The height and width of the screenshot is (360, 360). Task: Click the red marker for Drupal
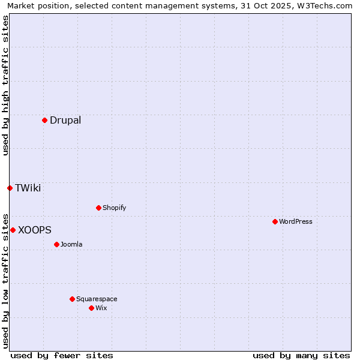pyautogui.click(x=44, y=120)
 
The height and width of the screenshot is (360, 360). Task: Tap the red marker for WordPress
pyautogui.click(x=275, y=221)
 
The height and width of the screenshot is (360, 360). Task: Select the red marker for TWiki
pyautogui.click(x=10, y=188)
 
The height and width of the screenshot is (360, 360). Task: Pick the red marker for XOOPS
pyautogui.click(x=13, y=230)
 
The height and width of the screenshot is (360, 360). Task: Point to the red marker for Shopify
pyautogui.click(x=98, y=208)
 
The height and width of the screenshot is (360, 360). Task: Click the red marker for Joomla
pyautogui.click(x=56, y=244)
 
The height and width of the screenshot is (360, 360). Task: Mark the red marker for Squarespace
pyautogui.click(x=72, y=299)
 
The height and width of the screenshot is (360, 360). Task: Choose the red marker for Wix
pyautogui.click(x=91, y=308)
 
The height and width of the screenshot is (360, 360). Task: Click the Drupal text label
pyautogui.click(x=65, y=120)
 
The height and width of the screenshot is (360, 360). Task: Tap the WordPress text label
pyautogui.click(x=296, y=221)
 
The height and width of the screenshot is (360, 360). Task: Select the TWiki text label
pyautogui.click(x=28, y=188)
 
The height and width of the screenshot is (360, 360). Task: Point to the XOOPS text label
pyautogui.click(x=35, y=230)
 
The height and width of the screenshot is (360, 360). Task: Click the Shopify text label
pyautogui.click(x=115, y=208)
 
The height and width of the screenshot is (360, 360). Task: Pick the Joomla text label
pyautogui.click(x=71, y=244)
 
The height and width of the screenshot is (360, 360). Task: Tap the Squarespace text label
pyautogui.click(x=97, y=299)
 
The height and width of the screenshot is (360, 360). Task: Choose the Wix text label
pyautogui.click(x=101, y=308)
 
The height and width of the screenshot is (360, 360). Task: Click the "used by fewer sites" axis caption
pyautogui.click(x=62, y=355)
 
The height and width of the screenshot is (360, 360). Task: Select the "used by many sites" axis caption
pyautogui.click(x=301, y=355)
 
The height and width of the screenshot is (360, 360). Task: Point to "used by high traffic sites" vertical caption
pyautogui.click(x=5, y=85)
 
